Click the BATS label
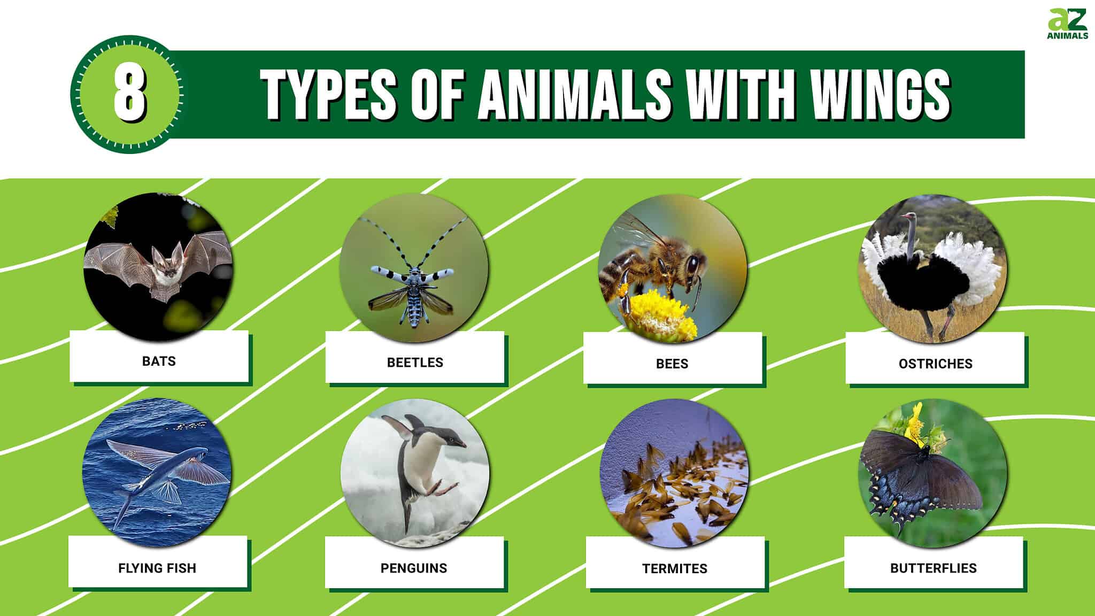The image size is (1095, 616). point(159,361)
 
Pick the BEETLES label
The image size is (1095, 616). point(415,363)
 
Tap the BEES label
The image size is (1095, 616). point(672,364)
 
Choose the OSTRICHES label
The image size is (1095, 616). point(935,364)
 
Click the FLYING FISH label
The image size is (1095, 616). point(157,568)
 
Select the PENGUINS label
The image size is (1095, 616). point(414,568)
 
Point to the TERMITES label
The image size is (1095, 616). point(675,568)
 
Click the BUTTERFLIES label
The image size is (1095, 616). point(933,568)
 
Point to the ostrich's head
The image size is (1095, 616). point(908,217)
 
